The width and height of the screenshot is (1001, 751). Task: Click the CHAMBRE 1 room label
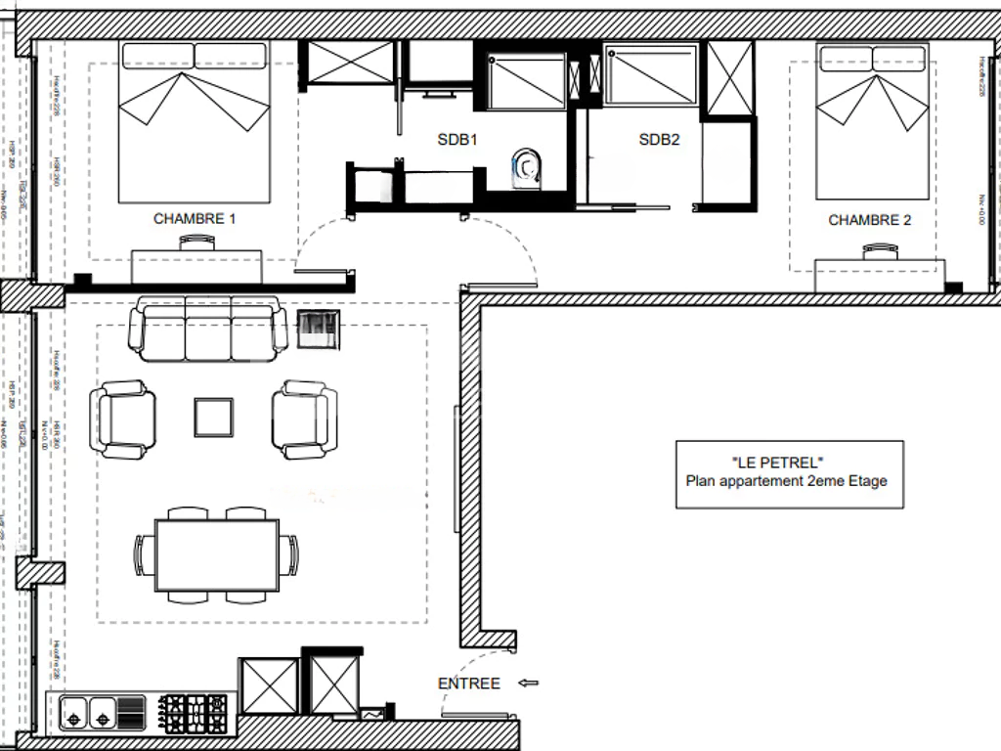tap(195, 219)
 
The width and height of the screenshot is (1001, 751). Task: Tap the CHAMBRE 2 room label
tap(869, 220)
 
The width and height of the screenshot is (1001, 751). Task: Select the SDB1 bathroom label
tap(457, 140)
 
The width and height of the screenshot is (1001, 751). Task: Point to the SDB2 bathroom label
tap(659, 140)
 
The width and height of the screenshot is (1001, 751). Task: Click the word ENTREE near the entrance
tap(469, 684)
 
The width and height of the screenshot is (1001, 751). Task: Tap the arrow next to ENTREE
tap(528, 684)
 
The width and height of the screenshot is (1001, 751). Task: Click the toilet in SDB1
tap(527, 167)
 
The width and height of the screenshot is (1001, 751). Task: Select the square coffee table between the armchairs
tap(213, 418)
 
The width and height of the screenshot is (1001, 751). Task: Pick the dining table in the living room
tap(215, 554)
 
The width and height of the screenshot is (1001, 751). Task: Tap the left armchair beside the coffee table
tap(123, 420)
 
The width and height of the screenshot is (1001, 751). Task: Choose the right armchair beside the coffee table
tap(305, 420)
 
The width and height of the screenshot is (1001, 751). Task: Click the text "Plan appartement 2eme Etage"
tap(787, 481)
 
